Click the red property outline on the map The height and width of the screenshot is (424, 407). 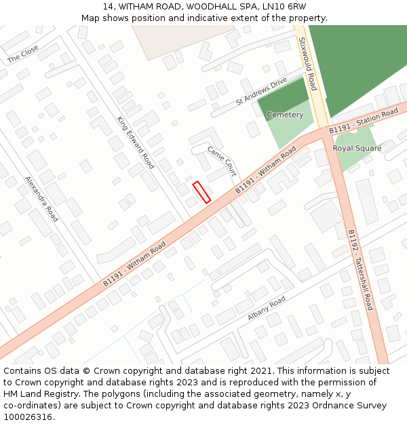201,192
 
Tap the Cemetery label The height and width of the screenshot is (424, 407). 285,115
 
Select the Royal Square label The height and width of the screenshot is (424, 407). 357,148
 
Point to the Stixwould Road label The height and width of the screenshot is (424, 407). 307,64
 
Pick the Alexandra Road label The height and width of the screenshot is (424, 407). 42,199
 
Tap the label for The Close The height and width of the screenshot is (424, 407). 23,54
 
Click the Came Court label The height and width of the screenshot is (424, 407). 222,161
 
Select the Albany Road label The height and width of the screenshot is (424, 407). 267,309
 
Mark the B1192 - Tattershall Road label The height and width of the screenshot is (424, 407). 360,269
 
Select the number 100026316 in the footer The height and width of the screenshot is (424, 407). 27,417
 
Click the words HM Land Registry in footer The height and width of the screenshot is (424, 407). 35,393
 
